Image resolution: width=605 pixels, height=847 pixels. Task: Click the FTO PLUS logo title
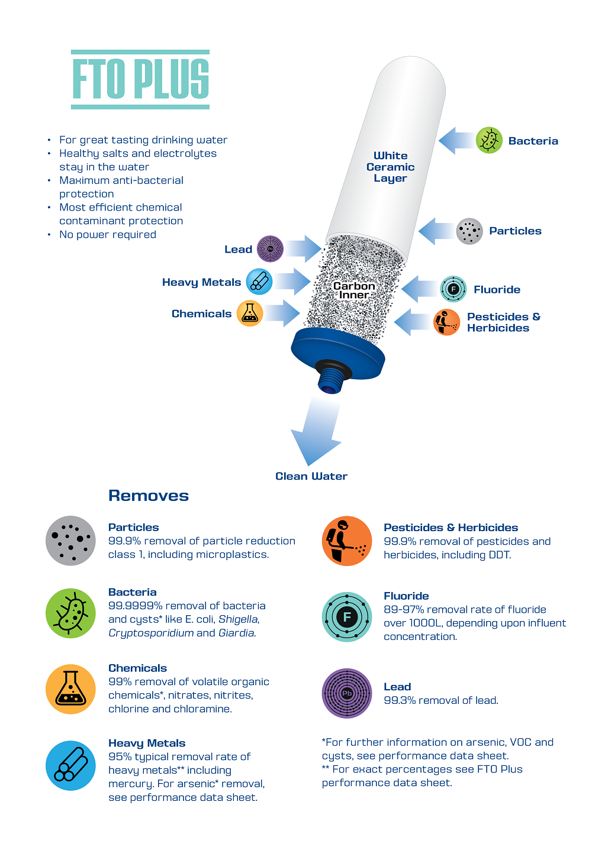[x=140, y=79]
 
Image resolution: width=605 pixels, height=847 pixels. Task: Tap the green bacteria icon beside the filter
[x=489, y=141]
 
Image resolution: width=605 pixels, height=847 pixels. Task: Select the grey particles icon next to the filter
[x=469, y=231]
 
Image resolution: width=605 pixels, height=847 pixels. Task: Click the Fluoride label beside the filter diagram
[x=497, y=290]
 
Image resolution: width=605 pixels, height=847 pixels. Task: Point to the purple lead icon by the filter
[x=270, y=249]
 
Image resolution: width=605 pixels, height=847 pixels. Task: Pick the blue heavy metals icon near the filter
[x=259, y=282]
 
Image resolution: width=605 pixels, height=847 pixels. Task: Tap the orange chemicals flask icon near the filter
[x=250, y=313]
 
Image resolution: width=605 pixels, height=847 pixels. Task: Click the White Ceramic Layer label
[x=390, y=167]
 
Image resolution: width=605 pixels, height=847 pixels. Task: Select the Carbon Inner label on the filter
[x=354, y=290]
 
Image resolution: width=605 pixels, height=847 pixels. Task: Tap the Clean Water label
[x=311, y=476]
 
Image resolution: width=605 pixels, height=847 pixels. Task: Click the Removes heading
[x=149, y=496]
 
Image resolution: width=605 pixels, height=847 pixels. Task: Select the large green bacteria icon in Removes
[x=70, y=613]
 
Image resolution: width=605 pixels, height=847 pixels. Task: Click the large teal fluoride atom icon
[x=347, y=617]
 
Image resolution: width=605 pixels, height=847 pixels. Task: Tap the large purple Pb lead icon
[x=347, y=693]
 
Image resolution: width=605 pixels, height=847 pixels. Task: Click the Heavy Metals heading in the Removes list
[x=147, y=743]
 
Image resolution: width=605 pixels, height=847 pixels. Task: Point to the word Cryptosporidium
[x=151, y=633]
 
